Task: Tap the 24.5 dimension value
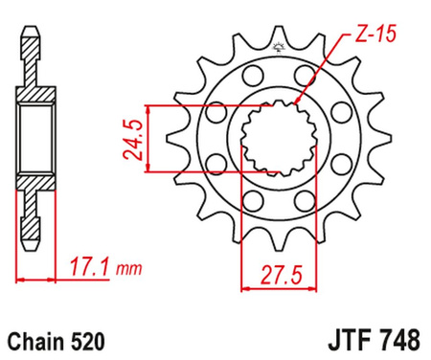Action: pos(132,139)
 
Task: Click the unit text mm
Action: pos(128,270)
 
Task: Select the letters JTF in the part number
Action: pos(352,340)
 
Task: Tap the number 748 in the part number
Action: pos(400,340)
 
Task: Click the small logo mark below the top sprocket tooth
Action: pos(279,48)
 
